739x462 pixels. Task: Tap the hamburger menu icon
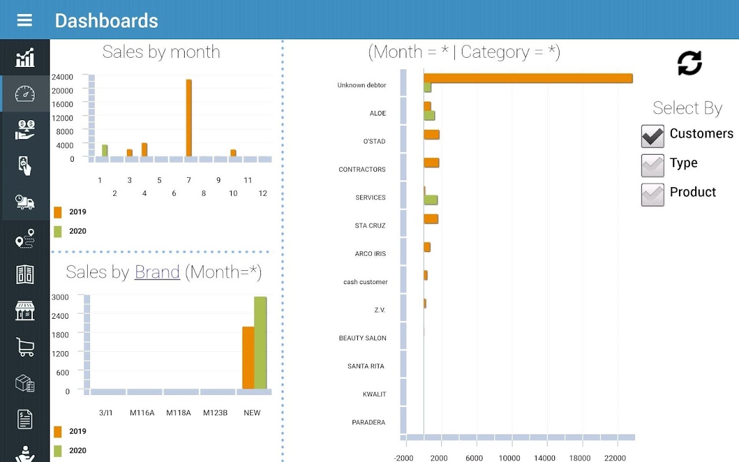pyautogui.click(x=25, y=21)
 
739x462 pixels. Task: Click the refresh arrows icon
pyautogui.click(x=689, y=63)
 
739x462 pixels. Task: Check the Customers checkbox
pyautogui.click(x=652, y=136)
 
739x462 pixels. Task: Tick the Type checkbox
pyautogui.click(x=652, y=166)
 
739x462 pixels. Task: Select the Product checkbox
pyautogui.click(x=652, y=195)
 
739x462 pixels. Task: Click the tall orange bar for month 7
pyautogui.click(x=189, y=118)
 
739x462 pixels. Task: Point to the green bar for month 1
pyautogui.click(x=104, y=150)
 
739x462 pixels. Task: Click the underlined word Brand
pyautogui.click(x=157, y=272)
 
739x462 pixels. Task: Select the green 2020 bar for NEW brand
pyautogui.click(x=260, y=343)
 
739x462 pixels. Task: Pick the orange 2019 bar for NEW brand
pyautogui.click(x=248, y=358)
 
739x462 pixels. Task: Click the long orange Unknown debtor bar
pyautogui.click(x=528, y=79)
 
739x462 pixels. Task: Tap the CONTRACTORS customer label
pyautogui.click(x=362, y=170)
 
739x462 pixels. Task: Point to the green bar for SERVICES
pyautogui.click(x=431, y=200)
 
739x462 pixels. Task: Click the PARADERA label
pyautogui.click(x=368, y=423)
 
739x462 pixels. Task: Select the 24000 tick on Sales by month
pyautogui.click(x=62, y=77)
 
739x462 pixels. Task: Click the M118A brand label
pyautogui.click(x=178, y=413)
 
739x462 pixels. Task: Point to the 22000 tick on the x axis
pyautogui.click(x=615, y=458)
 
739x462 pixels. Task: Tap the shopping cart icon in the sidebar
pyautogui.click(x=25, y=346)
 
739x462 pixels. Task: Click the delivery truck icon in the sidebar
pyautogui.click(x=25, y=202)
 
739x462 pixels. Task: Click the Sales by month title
pyautogui.click(x=161, y=52)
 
